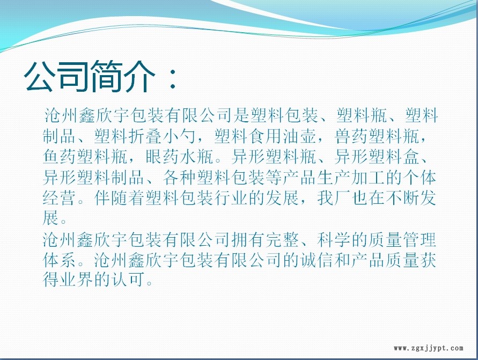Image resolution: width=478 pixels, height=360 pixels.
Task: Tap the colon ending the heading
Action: coord(173,78)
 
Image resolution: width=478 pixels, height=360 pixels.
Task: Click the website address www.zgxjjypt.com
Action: coord(428,348)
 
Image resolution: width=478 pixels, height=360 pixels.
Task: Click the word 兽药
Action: coord(351,136)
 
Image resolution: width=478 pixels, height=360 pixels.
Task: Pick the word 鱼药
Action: coord(60,157)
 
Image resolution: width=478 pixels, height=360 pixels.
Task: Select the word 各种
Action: coord(180,178)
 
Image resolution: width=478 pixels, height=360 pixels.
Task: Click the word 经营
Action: coord(60,199)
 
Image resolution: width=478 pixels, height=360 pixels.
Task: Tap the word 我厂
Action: coord(334,199)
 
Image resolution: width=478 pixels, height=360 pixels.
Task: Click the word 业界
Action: coord(77,280)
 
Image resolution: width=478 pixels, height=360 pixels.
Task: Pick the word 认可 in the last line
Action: coord(128,280)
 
